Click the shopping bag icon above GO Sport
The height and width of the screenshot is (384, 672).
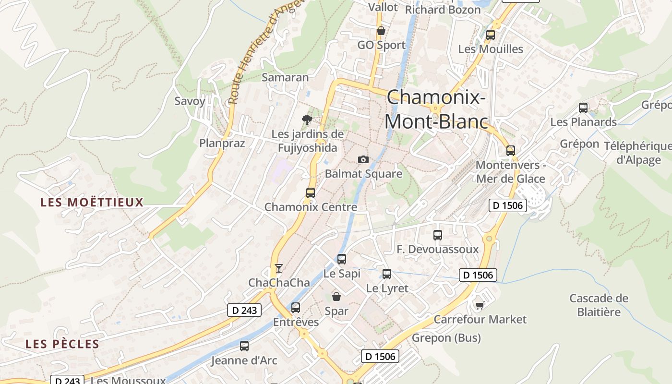pos(381,31)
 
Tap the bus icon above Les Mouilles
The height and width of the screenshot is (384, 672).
pos(490,35)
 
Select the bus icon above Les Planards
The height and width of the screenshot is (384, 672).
pos(583,108)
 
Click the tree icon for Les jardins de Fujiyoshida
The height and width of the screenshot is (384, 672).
pos(307,120)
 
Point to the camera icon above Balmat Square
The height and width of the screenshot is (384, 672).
pos(363,159)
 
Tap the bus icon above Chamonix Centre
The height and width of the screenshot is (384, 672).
pos(311,193)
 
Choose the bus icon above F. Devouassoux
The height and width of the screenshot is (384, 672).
pos(437,235)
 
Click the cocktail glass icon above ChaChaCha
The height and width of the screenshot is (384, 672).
pos(279,268)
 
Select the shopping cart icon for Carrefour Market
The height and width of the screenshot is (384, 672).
pos(479,305)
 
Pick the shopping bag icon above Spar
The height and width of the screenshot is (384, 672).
pos(336,297)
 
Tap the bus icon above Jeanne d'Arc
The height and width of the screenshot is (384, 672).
pos(244,346)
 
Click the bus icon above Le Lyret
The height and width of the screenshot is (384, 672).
pos(387,274)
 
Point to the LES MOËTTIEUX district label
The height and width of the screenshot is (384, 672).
pos(92,202)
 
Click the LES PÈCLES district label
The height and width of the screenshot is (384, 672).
pos(62,344)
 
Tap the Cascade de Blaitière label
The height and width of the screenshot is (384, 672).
pos(599,305)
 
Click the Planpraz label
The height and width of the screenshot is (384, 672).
pos(222,143)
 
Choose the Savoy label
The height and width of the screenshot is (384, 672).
pos(190,101)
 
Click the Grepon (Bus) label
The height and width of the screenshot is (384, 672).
pos(446,338)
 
